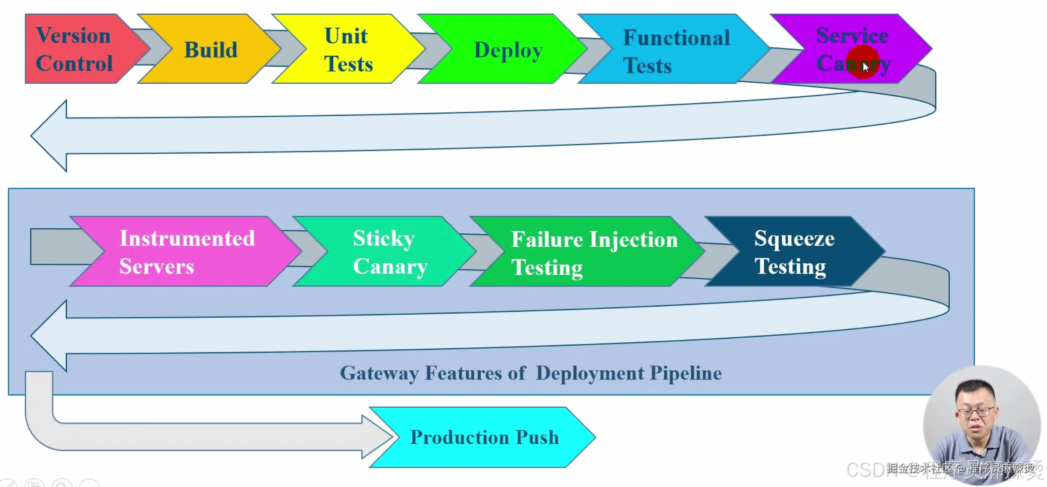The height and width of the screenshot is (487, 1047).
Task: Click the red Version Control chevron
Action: pos(75,49)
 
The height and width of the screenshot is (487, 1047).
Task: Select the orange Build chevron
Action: pos(210,49)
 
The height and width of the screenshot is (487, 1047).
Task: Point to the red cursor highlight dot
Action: pos(862,62)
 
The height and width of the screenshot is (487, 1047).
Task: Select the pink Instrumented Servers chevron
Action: pos(187,252)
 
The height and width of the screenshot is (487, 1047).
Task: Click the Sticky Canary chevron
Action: pos(390,252)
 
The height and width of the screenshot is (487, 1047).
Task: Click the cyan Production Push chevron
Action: pos(484,437)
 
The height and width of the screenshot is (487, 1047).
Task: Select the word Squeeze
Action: pos(794,239)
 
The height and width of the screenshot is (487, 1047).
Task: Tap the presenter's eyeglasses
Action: pos(975,412)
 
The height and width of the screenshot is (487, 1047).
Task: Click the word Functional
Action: pos(676,38)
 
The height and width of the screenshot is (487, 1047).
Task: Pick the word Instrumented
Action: pos(187,239)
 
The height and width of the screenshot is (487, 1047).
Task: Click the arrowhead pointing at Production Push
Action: pos(378,437)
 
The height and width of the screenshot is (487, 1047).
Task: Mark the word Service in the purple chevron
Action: pos(852,35)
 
